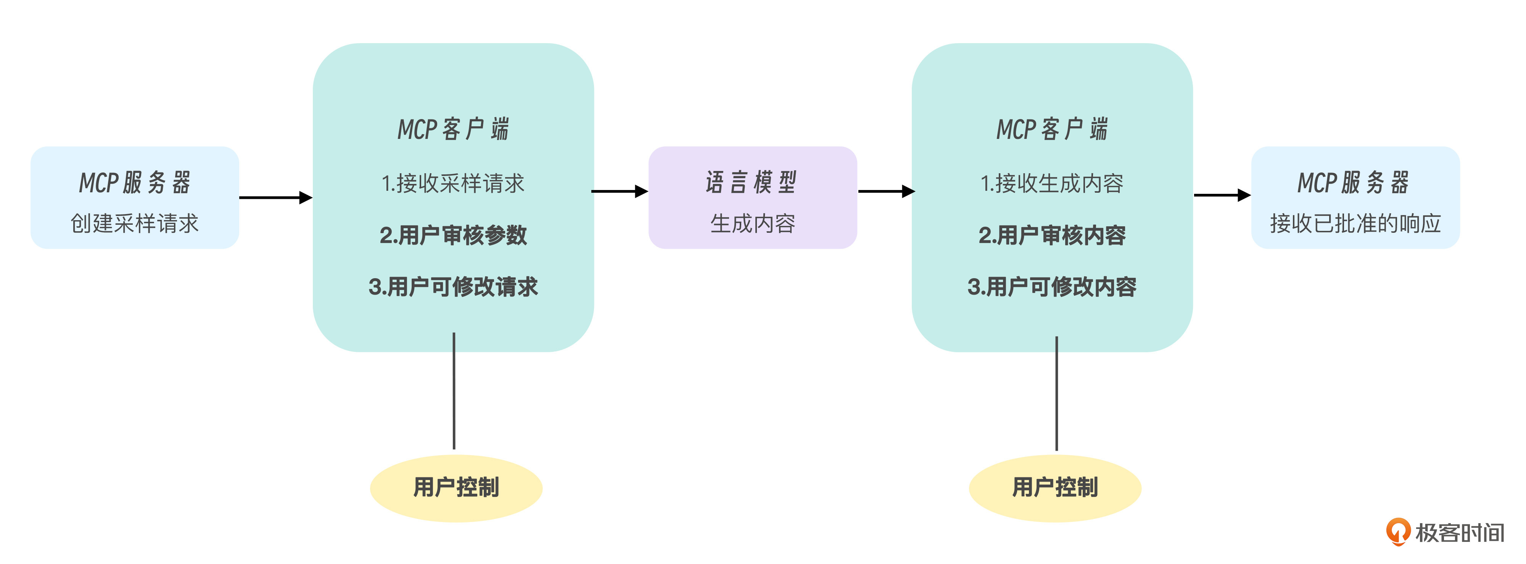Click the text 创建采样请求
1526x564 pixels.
(x=134, y=223)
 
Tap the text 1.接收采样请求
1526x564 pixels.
(x=453, y=183)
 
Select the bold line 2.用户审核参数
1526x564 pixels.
(x=453, y=235)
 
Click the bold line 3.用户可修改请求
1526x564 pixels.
(x=453, y=287)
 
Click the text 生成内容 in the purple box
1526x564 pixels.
(x=752, y=223)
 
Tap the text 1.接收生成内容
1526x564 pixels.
(x=1052, y=183)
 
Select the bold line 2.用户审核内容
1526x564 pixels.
(x=1052, y=235)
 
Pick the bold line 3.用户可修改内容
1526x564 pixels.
(x=1052, y=287)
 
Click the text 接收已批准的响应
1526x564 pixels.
(x=1355, y=223)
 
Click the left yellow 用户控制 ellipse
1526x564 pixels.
(x=456, y=488)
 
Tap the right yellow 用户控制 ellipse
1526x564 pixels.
(x=1055, y=488)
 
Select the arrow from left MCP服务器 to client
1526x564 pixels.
(x=275, y=197)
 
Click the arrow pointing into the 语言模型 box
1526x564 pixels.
(x=620, y=191)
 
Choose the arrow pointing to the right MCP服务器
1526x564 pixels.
(x=1222, y=195)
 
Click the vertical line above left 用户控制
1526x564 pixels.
(x=454, y=391)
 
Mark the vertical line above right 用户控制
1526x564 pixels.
(x=1056, y=394)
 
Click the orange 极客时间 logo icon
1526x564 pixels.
(x=1398, y=532)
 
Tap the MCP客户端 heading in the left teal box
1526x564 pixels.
(x=453, y=129)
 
